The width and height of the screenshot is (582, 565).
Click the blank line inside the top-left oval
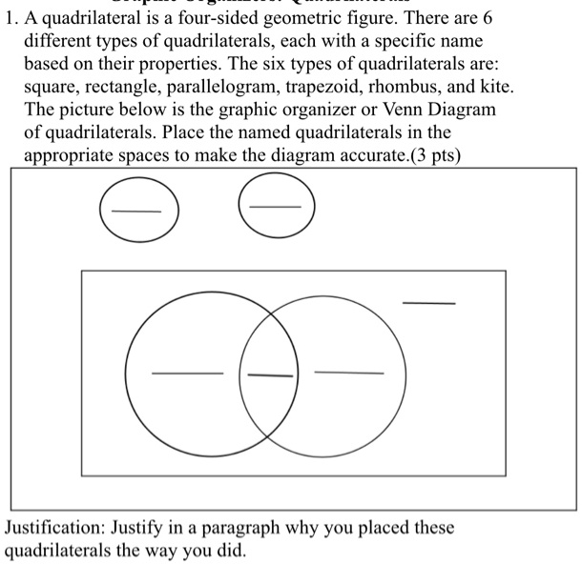136,211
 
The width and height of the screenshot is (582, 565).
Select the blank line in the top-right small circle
276,208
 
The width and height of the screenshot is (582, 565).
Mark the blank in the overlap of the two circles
270,375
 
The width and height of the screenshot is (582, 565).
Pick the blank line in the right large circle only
349,372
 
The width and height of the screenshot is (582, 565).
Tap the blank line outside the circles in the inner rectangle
428,303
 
